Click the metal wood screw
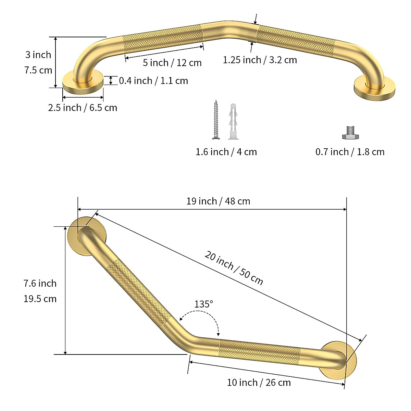[x=215, y=120]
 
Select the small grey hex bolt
[x=350, y=133]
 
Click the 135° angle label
[x=204, y=304]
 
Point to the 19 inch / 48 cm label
[x=218, y=201]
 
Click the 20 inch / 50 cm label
[x=234, y=269]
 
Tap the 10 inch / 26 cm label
[x=259, y=382]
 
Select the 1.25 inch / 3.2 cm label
[x=260, y=60]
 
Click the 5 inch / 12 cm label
[x=172, y=63]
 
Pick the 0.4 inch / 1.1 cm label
[x=153, y=81]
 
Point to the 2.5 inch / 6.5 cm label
[x=83, y=108]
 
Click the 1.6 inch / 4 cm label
[x=226, y=152]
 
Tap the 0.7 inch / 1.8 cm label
[x=350, y=152]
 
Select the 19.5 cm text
[x=40, y=299]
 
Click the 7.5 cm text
[x=38, y=70]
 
